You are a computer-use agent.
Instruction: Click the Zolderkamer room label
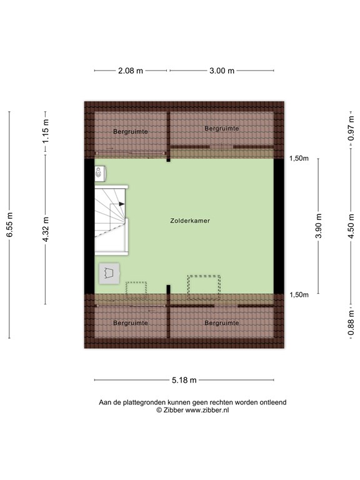tap(190, 221)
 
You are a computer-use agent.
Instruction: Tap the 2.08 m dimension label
tap(131, 71)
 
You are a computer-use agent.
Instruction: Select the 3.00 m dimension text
tap(222, 71)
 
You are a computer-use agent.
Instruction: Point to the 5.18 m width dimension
tap(184, 380)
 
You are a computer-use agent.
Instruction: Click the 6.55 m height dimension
tap(10, 224)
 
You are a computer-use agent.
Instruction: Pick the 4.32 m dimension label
tap(46, 229)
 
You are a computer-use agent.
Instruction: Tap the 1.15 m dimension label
tap(46, 131)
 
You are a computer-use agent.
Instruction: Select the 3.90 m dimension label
tap(319, 226)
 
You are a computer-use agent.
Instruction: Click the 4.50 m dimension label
tap(351, 226)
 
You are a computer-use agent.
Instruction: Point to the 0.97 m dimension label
tap(351, 129)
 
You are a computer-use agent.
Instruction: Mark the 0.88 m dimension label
tap(351, 322)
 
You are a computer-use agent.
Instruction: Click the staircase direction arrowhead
tap(122, 204)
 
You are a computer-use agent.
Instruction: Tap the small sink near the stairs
tap(100, 173)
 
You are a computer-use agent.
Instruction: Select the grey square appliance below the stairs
tap(109, 273)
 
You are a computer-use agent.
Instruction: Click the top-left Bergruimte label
tap(131, 132)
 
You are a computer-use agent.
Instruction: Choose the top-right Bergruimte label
tap(222, 129)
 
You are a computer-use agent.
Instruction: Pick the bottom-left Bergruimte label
tap(131, 323)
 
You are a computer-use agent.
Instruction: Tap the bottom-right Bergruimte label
tap(222, 323)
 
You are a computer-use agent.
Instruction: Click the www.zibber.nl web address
tap(207, 410)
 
